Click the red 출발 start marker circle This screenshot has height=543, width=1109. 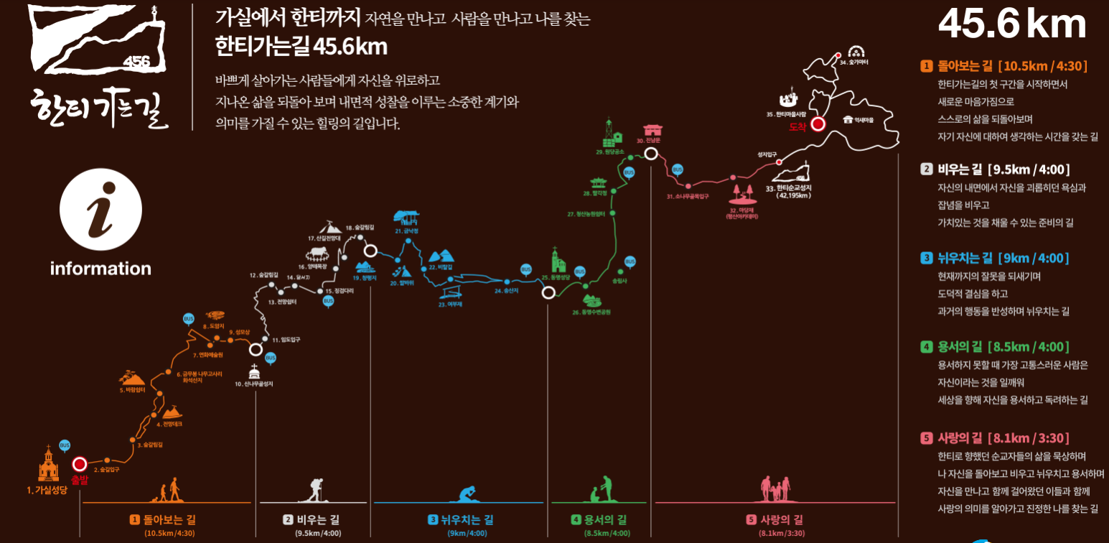[x=80, y=464]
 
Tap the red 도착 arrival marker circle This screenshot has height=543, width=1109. [x=818, y=124]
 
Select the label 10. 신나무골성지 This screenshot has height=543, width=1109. [x=254, y=384]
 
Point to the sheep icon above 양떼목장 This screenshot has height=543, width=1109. [x=317, y=252]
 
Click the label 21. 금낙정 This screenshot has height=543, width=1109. [x=407, y=231]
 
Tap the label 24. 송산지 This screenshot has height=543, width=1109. [x=506, y=291]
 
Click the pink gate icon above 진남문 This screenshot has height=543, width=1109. [x=653, y=130]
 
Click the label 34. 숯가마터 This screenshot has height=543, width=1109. [x=854, y=63]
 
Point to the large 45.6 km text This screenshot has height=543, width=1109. [x=1012, y=24]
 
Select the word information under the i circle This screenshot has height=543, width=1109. [x=100, y=269]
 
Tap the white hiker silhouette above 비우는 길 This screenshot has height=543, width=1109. [x=314, y=489]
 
